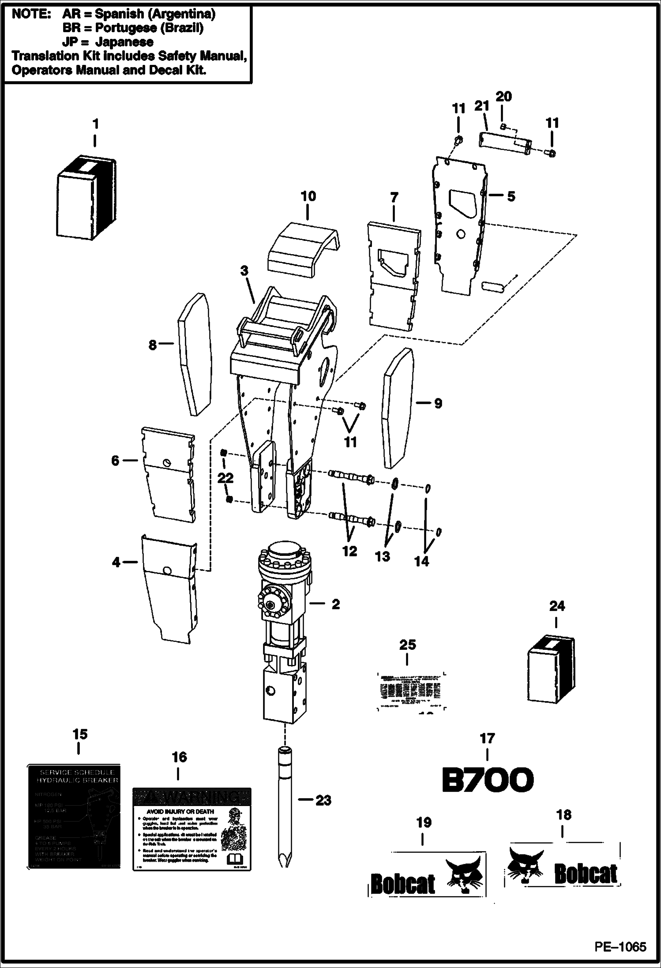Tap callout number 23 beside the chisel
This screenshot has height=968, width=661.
pyautogui.click(x=323, y=800)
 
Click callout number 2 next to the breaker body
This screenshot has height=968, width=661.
pyautogui.click(x=336, y=604)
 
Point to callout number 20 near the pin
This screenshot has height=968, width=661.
pyautogui.click(x=503, y=96)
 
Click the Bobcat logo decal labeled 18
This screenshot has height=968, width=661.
pyautogui.click(x=563, y=864)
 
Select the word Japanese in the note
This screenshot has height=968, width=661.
pyautogui.click(x=125, y=42)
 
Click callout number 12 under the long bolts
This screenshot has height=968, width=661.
pyautogui.click(x=349, y=551)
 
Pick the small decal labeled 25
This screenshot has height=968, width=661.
pyautogui.click(x=410, y=694)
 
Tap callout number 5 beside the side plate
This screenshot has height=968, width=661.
pyautogui.click(x=511, y=196)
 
